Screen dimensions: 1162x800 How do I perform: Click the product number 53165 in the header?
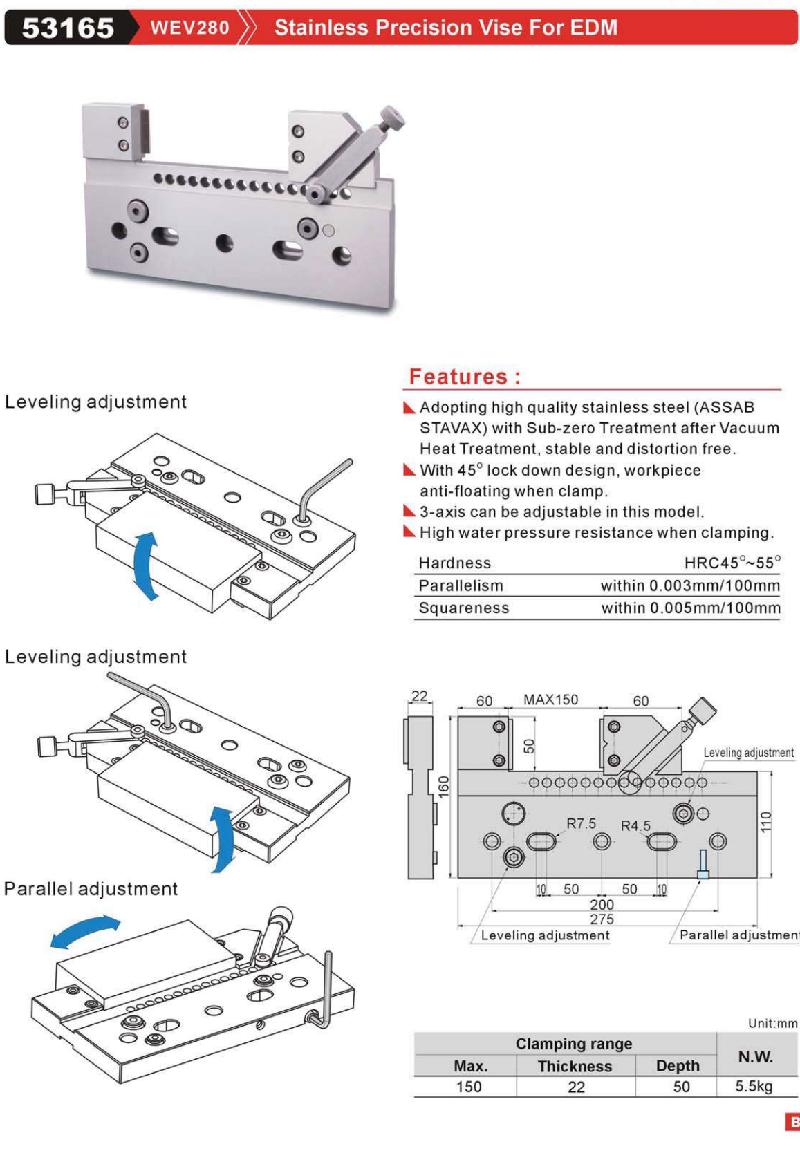(67, 28)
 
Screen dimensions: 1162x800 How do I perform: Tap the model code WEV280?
(189, 28)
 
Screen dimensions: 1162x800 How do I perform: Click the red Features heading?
(464, 377)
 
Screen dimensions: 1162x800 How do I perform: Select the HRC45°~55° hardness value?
(732, 563)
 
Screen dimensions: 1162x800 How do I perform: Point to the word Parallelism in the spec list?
(461, 585)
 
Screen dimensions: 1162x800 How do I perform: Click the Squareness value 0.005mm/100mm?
(690, 608)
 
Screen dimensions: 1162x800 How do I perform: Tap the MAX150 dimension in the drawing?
(550, 700)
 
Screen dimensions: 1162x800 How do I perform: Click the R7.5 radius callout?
(581, 823)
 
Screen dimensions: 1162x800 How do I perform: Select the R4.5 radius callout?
(635, 825)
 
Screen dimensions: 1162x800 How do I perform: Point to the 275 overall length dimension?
(602, 919)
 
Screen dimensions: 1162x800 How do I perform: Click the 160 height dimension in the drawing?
(443, 786)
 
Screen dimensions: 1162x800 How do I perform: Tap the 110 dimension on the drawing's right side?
(765, 822)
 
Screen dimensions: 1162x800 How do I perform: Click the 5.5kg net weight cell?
(754, 1086)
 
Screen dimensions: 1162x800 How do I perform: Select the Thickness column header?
(575, 1067)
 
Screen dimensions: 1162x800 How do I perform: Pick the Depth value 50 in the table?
(681, 1087)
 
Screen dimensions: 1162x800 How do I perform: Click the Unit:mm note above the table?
(772, 1023)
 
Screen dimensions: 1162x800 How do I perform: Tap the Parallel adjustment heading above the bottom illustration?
(91, 889)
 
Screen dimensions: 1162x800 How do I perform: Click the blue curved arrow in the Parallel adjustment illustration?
(85, 930)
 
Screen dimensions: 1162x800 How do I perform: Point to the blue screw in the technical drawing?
(703, 865)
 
